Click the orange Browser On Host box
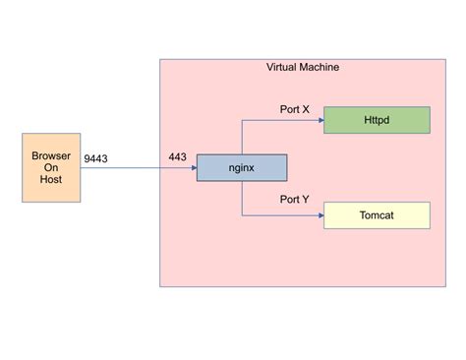tap(51, 168)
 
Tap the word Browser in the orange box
tap(51, 155)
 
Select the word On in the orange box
tap(51, 169)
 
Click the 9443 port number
tap(96, 157)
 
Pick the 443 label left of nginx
tap(178, 157)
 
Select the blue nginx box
tap(241, 167)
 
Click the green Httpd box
tap(377, 120)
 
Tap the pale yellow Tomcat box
tap(377, 214)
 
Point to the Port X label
tap(294, 110)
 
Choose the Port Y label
tap(294, 200)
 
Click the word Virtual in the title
tap(285, 67)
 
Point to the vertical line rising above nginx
tap(242, 138)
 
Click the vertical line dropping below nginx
tap(242, 198)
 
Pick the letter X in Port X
tap(306, 110)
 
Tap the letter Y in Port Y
tap(306, 200)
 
